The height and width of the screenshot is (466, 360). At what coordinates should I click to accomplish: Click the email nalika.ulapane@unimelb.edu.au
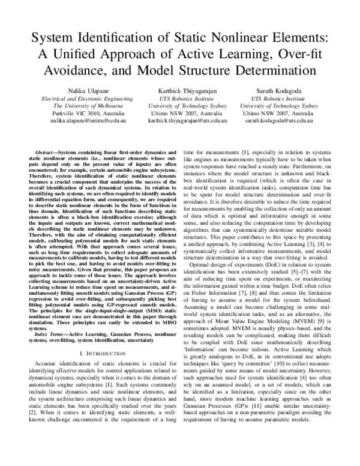pyautogui.click(x=83, y=121)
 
